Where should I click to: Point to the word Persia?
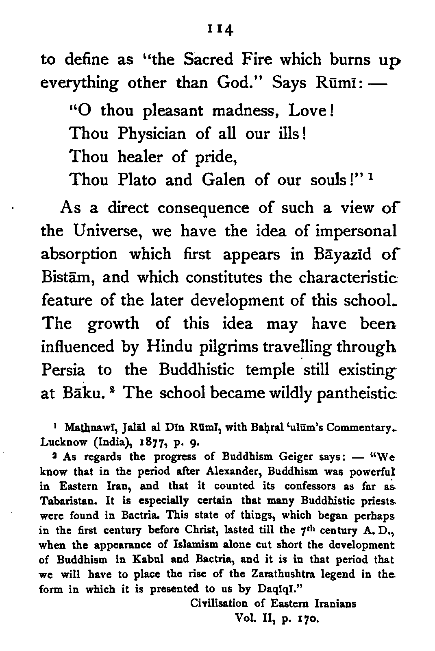63,370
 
